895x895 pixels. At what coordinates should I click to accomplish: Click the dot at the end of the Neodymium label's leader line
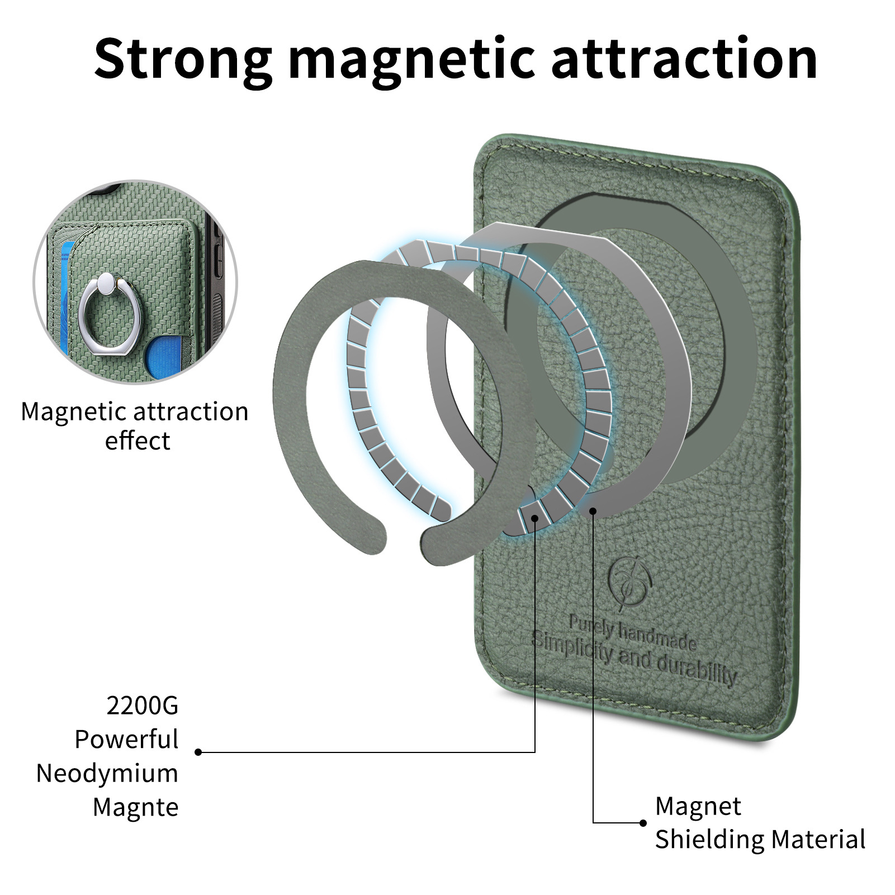pyautogui.click(x=198, y=752)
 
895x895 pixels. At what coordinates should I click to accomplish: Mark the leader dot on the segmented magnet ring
pyautogui.click(x=535, y=518)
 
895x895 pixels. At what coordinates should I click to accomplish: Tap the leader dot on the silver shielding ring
pyautogui.click(x=593, y=510)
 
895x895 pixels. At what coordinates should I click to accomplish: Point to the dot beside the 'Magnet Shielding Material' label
pyautogui.click(x=643, y=822)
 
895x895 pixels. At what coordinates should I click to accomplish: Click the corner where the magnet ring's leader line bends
pyautogui.click(x=535, y=752)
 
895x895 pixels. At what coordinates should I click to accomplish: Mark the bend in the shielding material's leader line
pyautogui.click(x=593, y=822)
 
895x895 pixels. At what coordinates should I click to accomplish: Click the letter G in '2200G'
pyautogui.click(x=168, y=705)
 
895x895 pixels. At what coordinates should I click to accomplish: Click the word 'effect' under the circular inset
pyautogui.click(x=138, y=441)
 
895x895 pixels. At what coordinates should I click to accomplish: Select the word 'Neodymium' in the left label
pyautogui.click(x=107, y=774)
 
